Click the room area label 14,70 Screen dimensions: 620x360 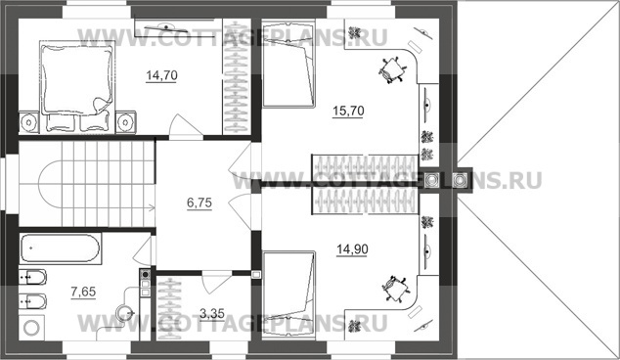tap(161, 75)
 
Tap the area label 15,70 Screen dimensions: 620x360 tap(348, 111)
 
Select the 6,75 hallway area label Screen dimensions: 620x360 tap(199, 202)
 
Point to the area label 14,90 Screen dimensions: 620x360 tap(352, 249)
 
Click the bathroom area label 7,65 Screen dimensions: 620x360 tap(83, 292)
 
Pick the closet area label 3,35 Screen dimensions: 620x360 tap(212, 314)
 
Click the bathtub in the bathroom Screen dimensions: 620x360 tap(60, 248)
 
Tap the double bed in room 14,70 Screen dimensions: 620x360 tap(77, 86)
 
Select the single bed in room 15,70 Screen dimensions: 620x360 tap(288, 64)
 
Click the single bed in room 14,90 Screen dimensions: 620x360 tap(288, 294)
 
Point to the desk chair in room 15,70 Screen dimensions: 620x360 tap(391, 70)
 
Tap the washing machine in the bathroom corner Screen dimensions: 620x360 tap(31, 327)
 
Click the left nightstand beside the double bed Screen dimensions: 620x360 tap(29, 122)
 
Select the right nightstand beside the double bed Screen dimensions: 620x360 tap(126, 122)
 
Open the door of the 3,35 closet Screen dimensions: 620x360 tap(217, 283)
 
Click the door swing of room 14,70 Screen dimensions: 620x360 tap(186, 125)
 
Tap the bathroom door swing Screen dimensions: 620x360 tap(143, 250)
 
